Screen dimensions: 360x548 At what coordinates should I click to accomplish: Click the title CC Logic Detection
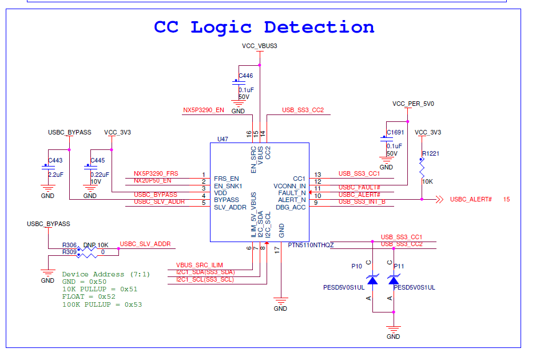pos(264,27)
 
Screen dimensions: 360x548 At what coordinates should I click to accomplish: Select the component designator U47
pos(223,139)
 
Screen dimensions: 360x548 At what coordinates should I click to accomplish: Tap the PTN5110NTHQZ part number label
pos(311,245)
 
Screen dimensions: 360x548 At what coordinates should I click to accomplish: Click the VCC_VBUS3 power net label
pos(259,46)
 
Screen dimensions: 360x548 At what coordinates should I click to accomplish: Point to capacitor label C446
pos(245,76)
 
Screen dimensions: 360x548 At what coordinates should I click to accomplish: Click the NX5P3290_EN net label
pos(204,110)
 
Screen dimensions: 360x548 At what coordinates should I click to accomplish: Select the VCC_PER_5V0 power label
pos(413,104)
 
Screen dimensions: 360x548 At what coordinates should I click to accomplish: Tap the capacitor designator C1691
pos(395,133)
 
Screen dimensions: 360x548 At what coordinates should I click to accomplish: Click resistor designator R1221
pos(431,154)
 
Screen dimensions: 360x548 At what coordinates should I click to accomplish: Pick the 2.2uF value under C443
pos(55,174)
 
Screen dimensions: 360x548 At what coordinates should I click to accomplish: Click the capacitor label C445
pos(98,161)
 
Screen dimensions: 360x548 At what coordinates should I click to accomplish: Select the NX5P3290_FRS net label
pos(156,173)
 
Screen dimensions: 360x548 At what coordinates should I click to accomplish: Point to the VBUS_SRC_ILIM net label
pos(199,265)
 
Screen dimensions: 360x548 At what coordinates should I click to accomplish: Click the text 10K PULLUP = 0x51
pos(100,289)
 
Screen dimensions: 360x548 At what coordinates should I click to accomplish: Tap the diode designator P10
pos(356,266)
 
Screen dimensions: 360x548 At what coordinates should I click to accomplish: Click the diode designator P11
pos(399,266)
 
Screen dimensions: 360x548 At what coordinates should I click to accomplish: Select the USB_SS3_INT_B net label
pos(362,201)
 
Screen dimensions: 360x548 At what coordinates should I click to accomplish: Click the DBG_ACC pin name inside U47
pos(291,207)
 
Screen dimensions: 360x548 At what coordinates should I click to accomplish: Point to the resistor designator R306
pos(69,245)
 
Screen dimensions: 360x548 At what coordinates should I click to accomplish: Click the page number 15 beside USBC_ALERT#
pos(507,199)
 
